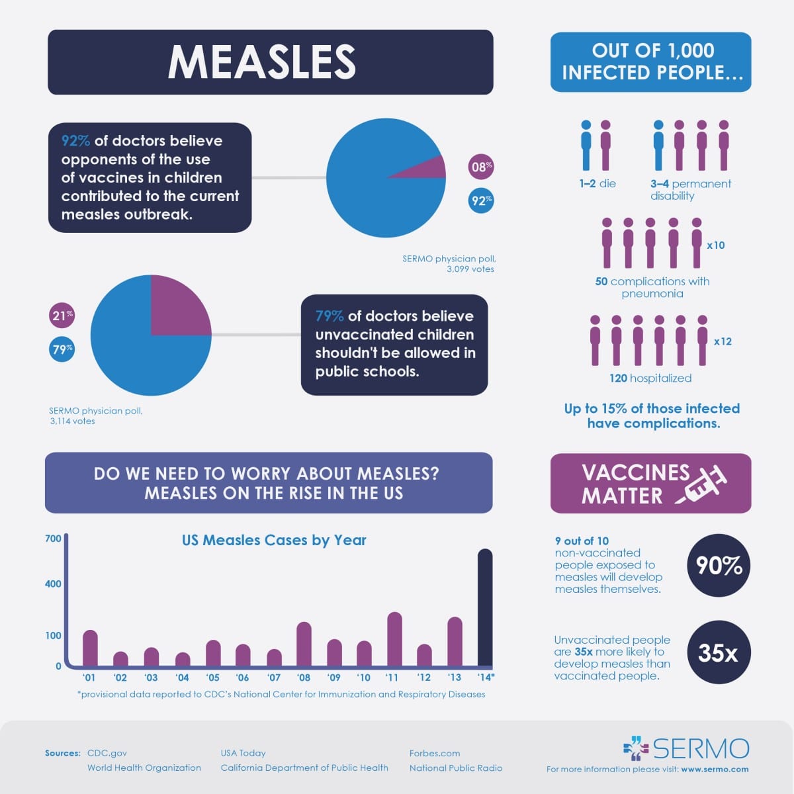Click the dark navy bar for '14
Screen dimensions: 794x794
485,607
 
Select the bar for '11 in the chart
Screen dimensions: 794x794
394,639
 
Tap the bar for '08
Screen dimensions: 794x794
304,644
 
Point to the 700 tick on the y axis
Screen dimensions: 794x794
53,539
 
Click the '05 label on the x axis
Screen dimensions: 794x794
212,677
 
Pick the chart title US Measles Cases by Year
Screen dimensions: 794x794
274,540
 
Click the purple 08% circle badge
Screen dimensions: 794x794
481,167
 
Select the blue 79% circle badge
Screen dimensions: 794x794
62,349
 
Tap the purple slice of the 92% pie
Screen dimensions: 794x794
423,168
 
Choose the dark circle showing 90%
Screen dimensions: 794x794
719,566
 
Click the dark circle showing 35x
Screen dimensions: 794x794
718,652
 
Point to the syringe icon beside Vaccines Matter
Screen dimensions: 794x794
703,484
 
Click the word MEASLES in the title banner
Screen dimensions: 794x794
262,62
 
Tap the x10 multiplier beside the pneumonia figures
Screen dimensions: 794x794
716,245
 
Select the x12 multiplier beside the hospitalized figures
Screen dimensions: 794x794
723,341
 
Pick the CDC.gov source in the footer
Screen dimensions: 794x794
107,753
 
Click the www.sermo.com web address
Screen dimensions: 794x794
715,769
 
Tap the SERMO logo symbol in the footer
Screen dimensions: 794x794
637,748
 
